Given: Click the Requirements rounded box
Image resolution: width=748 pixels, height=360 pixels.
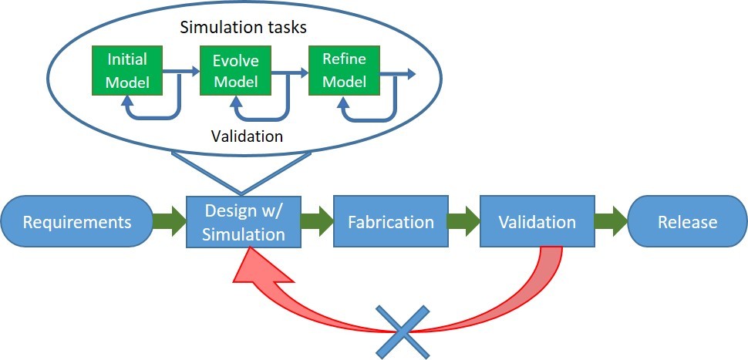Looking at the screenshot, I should pos(77,222).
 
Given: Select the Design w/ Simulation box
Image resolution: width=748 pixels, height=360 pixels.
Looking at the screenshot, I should pos(243,222).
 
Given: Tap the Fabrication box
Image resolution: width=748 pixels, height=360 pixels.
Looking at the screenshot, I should pos(391,222).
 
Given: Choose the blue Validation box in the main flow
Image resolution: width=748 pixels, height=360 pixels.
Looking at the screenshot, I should pos(537,222).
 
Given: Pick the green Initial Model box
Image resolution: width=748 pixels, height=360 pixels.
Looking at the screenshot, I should pos(127,70).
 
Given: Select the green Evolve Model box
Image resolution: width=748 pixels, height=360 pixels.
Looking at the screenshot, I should pos(236,70).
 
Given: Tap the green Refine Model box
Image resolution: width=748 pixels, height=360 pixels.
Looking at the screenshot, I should pos(344,70).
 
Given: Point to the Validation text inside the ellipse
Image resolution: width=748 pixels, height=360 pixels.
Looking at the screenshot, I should pos(247,136).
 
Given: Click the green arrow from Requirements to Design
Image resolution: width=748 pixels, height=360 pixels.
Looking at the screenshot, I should pos(164,222).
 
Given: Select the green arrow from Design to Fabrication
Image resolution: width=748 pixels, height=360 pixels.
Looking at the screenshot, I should pos(315,222).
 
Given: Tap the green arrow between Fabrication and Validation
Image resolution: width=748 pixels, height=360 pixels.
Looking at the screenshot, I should pos(463,222).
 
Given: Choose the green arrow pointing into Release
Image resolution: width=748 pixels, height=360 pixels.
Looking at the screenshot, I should pos(610,222).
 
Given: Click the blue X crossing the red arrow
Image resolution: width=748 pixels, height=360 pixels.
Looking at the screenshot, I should pos(402,332).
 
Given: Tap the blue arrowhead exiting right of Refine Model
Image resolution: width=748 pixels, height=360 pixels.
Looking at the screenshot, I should pos(410,74).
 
